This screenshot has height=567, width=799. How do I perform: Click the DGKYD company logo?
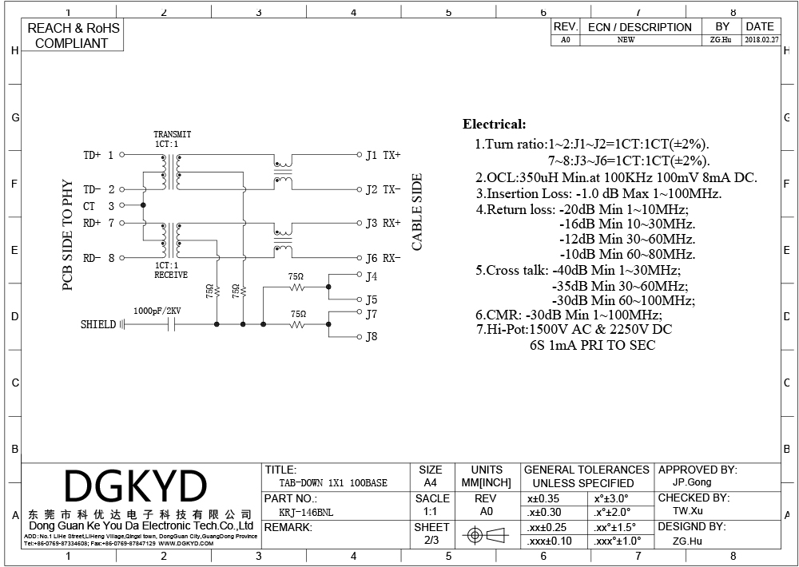[x=135, y=486]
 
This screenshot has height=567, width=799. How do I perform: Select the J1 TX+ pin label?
[x=383, y=155]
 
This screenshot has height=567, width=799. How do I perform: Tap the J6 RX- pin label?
[x=383, y=258]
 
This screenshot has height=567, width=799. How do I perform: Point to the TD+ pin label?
[x=93, y=155]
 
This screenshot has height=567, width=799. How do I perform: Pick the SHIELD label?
[x=98, y=324]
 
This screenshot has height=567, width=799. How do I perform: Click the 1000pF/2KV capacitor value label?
[x=157, y=310]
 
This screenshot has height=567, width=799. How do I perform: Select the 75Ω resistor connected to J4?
[x=296, y=286]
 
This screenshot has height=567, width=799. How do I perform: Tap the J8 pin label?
[x=372, y=337]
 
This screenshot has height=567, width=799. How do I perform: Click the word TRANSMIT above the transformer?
[x=172, y=134]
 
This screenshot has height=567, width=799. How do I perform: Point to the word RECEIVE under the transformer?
[x=171, y=275]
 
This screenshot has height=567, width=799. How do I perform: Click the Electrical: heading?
[x=495, y=125]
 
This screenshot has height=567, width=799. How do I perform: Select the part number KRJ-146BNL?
[x=304, y=512]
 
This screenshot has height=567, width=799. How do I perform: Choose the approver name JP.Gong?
[x=691, y=482]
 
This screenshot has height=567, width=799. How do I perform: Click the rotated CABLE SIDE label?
[x=416, y=212]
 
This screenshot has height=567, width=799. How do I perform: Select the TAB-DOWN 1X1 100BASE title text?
[x=333, y=483]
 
